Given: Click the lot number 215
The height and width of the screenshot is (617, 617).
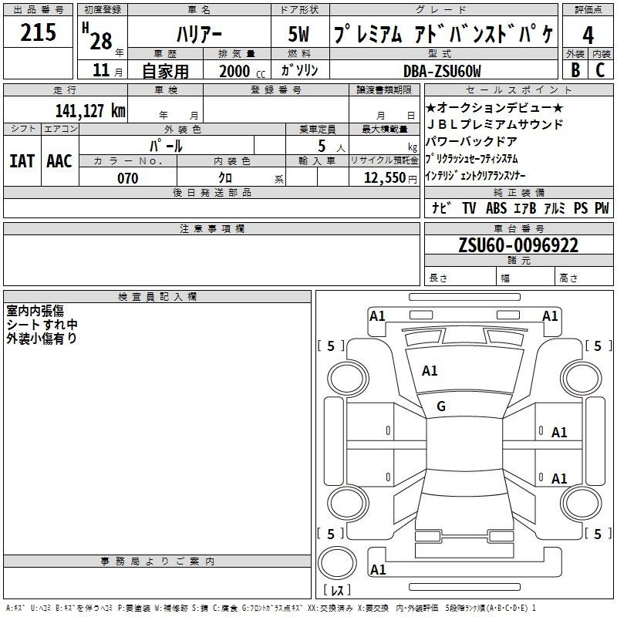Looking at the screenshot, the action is [38, 32].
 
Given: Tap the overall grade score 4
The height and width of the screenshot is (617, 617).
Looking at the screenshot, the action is [588, 35].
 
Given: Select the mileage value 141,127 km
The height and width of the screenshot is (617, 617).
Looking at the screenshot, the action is [90, 110].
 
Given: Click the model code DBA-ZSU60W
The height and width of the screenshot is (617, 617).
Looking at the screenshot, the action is [442, 71].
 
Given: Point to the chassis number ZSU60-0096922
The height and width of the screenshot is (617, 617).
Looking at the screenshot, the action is [518, 245].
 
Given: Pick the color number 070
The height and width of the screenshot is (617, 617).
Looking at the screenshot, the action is [128, 178].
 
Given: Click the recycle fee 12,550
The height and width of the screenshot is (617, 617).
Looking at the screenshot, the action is [385, 178].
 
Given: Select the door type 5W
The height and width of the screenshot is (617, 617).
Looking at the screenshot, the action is [298, 34].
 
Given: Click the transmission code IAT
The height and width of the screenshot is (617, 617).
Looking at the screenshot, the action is [22, 161].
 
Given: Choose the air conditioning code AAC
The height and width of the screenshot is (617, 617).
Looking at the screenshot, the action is [59, 161].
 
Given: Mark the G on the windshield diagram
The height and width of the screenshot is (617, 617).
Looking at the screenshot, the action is [441, 406].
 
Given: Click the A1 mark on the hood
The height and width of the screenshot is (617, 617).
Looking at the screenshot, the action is [430, 371].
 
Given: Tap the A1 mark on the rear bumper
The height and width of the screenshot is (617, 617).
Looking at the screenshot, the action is [378, 569].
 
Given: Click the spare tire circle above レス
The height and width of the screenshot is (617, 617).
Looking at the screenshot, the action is [337, 563].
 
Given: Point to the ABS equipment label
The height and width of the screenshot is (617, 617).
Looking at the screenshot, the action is [496, 207].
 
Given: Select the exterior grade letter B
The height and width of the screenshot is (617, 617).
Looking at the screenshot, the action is [575, 70].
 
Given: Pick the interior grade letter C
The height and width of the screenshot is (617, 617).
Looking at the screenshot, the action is [600, 70].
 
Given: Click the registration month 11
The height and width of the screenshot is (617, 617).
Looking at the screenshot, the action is [101, 70].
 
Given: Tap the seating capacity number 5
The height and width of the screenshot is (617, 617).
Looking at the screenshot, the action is [322, 147].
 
